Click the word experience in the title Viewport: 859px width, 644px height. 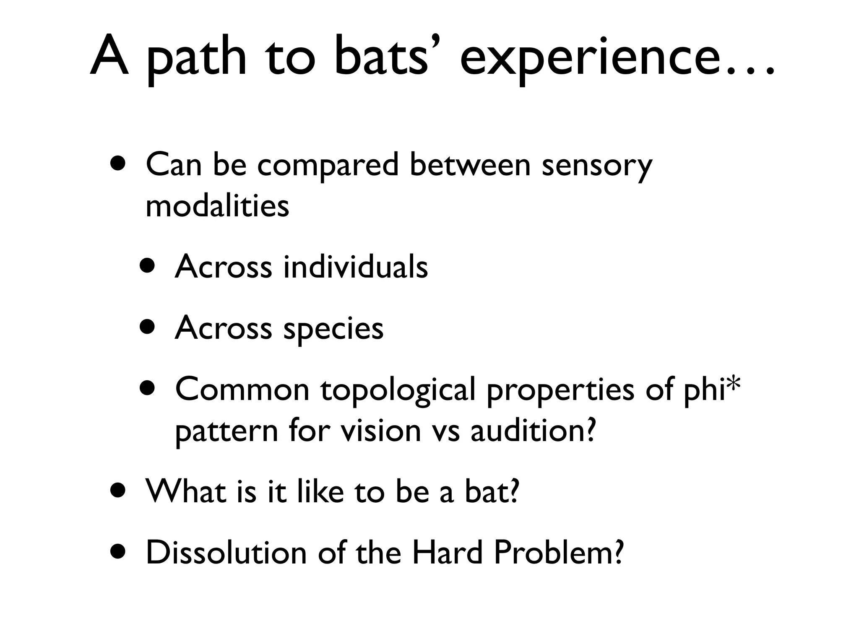[587, 59]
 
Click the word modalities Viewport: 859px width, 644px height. [217, 206]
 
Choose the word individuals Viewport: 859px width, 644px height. [356, 267]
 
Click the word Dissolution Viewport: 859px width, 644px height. [226, 553]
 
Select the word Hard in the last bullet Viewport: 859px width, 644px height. [447, 553]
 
